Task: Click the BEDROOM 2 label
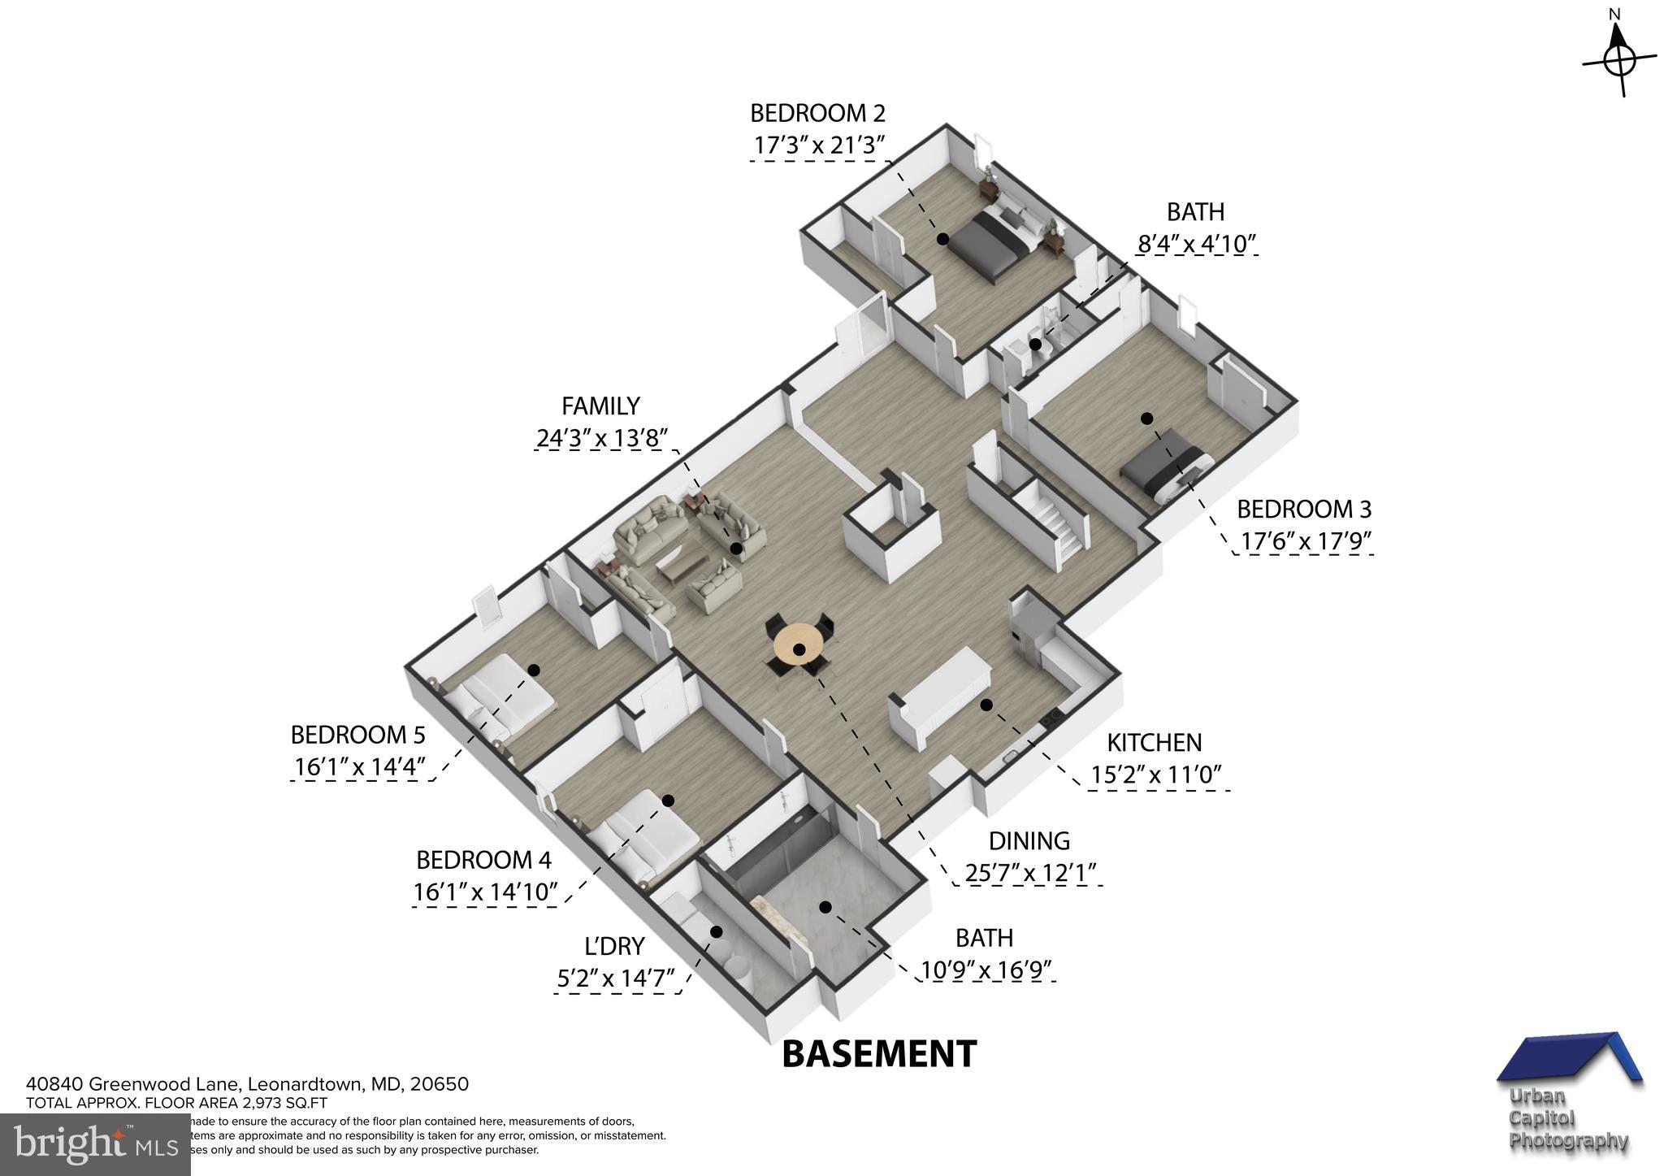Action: tap(817, 112)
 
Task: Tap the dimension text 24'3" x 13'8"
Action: tap(601, 439)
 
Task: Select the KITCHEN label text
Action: tap(1154, 742)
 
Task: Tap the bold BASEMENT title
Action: tap(878, 1054)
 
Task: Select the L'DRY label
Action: tap(614, 946)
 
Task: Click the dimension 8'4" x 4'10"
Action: tap(1196, 243)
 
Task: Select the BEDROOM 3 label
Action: tap(1303, 510)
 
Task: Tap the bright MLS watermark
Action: tap(95, 1144)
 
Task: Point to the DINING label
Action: tap(1029, 840)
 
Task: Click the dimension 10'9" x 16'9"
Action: tap(986, 970)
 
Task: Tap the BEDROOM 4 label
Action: tap(483, 860)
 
